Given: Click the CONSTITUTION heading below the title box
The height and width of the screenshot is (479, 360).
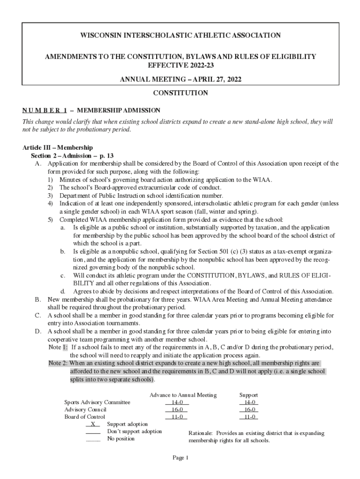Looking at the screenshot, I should coord(180,93).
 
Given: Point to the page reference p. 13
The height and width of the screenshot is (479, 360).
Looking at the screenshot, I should coord(105,155).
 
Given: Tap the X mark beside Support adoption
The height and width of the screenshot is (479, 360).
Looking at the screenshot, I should coord(93,424).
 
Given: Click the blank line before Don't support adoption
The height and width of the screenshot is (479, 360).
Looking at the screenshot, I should coord(93,432).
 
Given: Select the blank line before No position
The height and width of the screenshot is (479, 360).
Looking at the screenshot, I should coord(93,439).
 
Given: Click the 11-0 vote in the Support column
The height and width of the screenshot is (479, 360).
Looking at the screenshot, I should coord(249,417).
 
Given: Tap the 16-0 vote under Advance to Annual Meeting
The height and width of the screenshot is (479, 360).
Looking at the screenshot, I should coord(177,409).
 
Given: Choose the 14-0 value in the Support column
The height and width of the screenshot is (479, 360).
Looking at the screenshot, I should coord(249,402).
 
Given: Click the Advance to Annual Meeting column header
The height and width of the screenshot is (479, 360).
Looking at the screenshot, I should coord(183,395).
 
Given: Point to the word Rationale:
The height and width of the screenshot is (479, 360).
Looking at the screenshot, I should coord(201,433).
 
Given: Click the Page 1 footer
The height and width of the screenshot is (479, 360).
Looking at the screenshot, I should coord(180,458).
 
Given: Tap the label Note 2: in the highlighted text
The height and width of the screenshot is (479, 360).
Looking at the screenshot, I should coord(58,363).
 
